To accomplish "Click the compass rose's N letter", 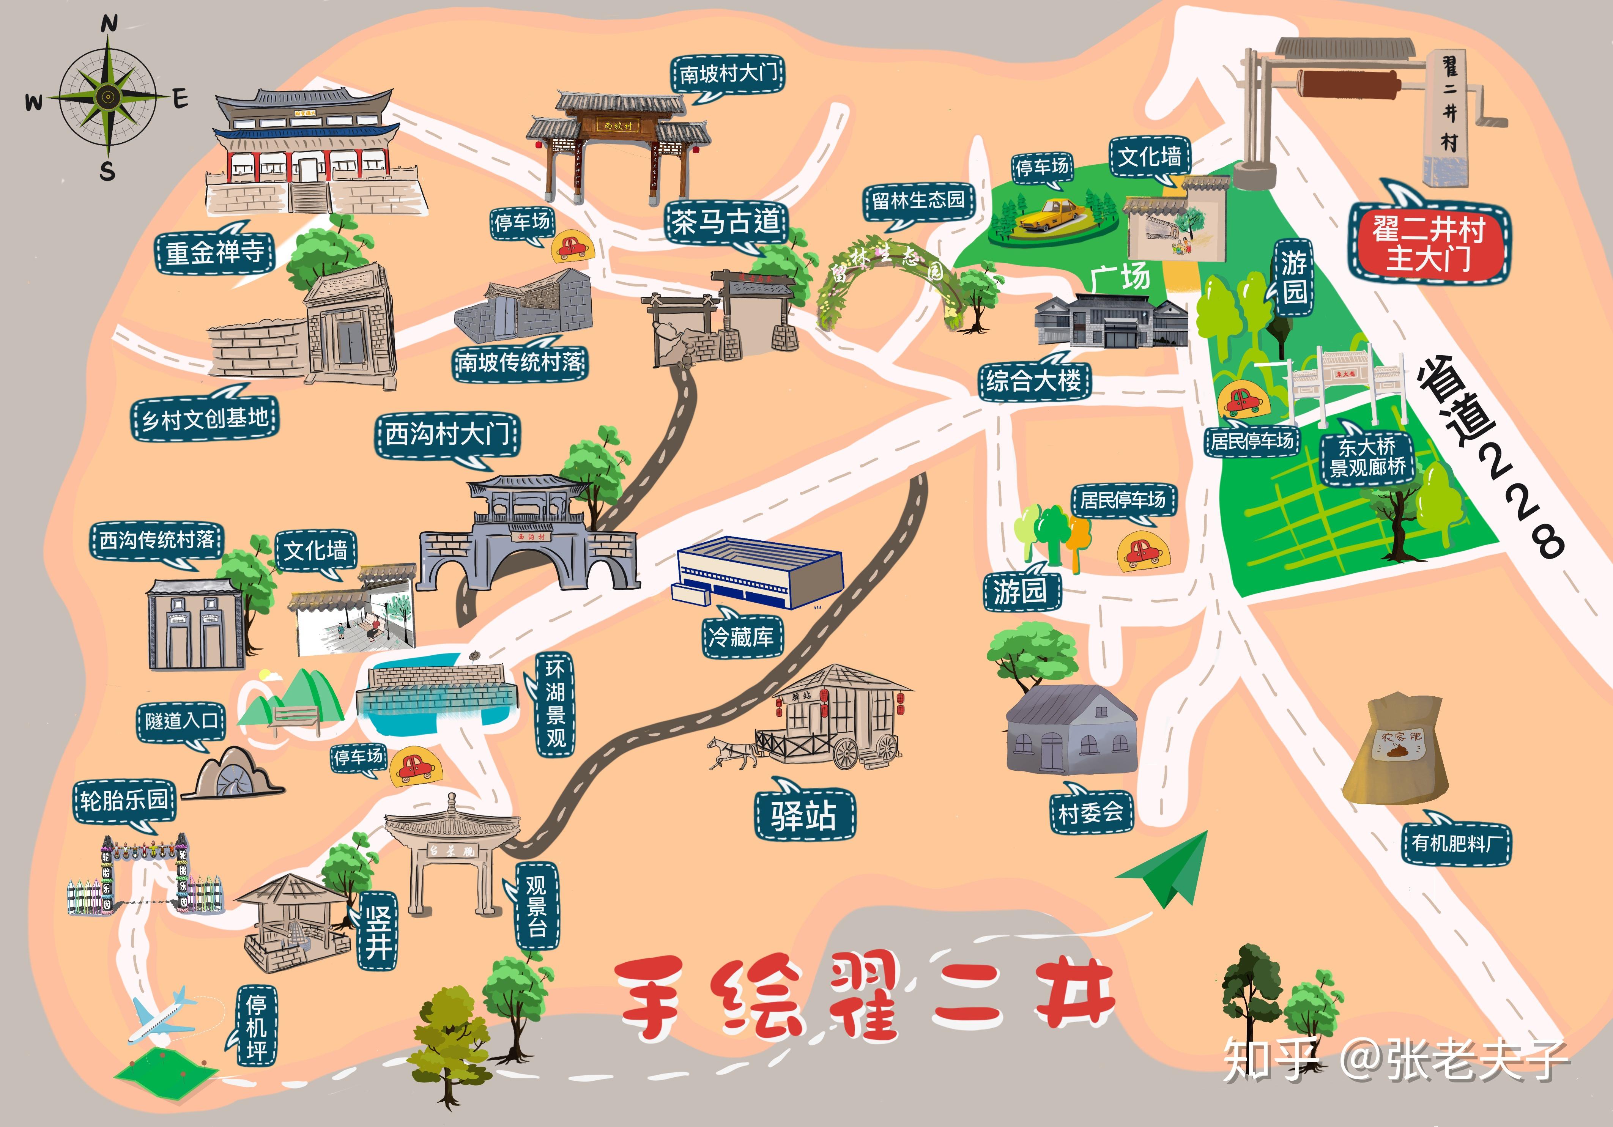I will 109,25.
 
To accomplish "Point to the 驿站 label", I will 804,815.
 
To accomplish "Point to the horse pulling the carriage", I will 731,752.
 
